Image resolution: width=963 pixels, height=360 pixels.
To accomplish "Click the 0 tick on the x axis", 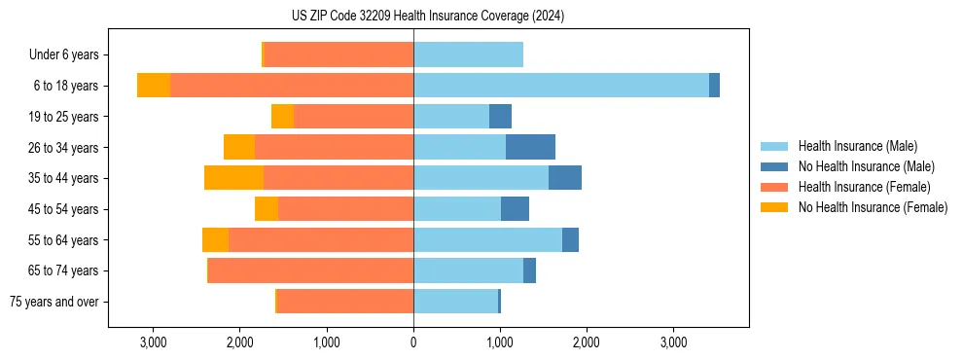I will click(413, 342).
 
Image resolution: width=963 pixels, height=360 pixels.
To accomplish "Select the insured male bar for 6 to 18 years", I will click(561, 86).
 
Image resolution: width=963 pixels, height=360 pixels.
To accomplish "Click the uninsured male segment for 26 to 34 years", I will click(530, 147).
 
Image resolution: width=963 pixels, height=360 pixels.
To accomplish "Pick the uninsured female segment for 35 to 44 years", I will click(233, 178).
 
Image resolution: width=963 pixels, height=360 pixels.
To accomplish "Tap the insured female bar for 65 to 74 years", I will click(311, 270).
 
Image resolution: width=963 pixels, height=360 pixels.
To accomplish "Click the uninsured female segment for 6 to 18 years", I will click(154, 86).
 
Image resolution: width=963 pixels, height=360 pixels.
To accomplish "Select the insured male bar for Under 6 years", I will click(468, 54).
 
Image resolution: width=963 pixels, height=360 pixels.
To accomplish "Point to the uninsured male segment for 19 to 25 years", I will click(500, 117).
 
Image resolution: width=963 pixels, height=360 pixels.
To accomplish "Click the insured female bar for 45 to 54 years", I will click(345, 209).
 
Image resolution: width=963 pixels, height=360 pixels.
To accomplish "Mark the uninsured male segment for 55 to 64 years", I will click(570, 239).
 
